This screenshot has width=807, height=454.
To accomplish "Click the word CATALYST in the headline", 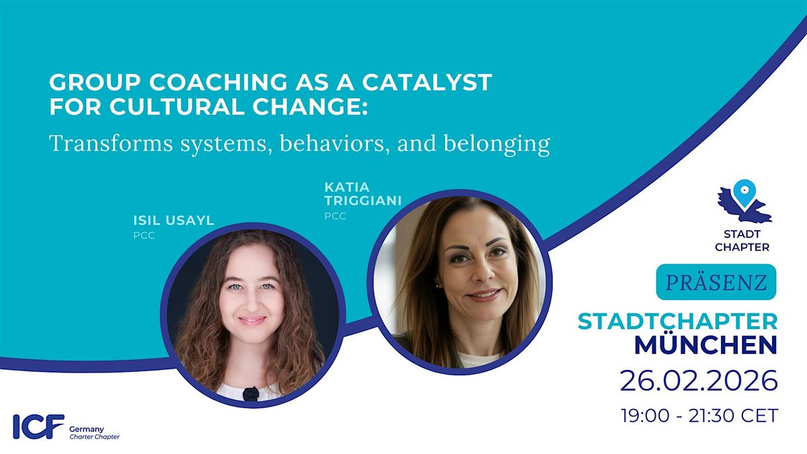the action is click(x=427, y=82).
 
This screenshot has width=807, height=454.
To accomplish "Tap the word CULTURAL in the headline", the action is click(x=176, y=107).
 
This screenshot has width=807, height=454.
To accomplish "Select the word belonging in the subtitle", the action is click(x=497, y=144).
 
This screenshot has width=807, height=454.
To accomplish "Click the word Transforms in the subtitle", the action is click(x=111, y=143).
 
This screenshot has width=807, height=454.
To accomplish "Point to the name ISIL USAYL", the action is click(x=174, y=220).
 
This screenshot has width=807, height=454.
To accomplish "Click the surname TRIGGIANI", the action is click(x=362, y=200).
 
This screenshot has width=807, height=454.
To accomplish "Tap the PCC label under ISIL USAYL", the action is click(x=144, y=235).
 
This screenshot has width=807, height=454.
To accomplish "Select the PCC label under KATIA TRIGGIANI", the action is click(x=335, y=216).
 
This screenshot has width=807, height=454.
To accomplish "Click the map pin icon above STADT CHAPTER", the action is click(x=744, y=193).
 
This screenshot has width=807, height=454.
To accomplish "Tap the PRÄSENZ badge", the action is click(x=716, y=282).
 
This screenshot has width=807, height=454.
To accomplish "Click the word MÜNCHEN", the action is click(x=705, y=345).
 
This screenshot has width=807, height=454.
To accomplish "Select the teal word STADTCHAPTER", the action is click(x=678, y=321).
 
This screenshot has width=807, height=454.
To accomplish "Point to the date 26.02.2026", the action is click(x=699, y=381).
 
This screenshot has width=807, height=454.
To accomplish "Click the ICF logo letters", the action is click(x=38, y=426).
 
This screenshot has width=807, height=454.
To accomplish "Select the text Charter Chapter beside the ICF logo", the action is click(x=94, y=437).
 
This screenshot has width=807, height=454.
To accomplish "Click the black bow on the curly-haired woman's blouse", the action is click(x=251, y=394).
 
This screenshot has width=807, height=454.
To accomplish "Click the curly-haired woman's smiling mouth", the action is click(x=252, y=320).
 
